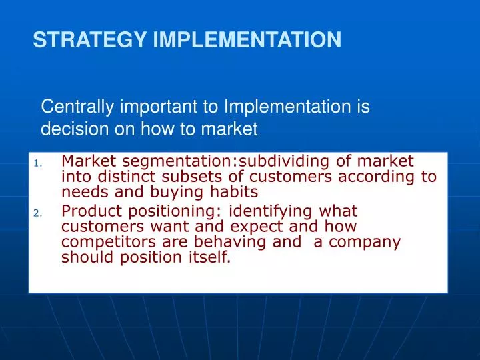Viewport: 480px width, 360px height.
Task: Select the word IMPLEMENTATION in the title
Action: [x=247, y=41]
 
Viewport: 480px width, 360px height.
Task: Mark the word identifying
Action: [x=265, y=211]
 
